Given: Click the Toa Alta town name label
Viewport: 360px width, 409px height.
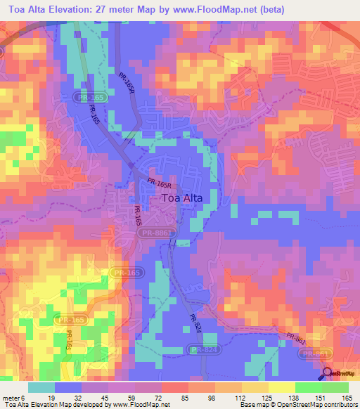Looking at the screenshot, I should point(182,198).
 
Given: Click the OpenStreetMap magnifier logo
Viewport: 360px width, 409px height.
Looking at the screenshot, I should point(328,373).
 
